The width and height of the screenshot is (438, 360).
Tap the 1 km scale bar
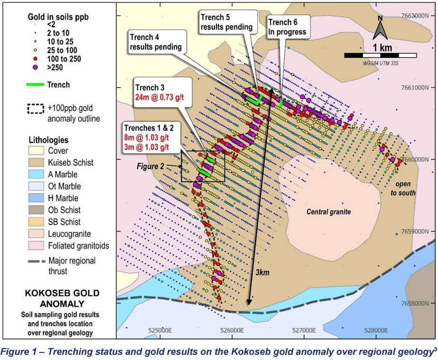381,55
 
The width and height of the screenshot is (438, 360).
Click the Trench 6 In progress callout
288,27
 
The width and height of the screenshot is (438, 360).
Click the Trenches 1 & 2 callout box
152,137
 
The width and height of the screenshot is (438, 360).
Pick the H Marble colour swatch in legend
35,198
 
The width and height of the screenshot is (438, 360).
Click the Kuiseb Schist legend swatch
35,163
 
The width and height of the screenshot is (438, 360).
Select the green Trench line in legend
35,85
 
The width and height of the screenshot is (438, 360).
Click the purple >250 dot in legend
34,68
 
